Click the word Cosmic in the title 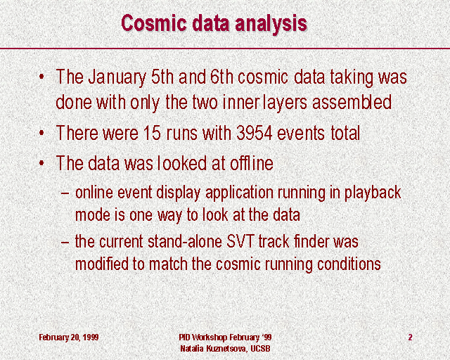click(154, 22)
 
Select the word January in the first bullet click(117, 77)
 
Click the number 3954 click(254, 133)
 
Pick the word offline click(252, 163)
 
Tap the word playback click(373, 193)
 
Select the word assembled click(352, 102)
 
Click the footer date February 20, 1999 click(69, 337)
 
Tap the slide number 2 click(410, 337)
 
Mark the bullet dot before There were click(41, 134)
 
